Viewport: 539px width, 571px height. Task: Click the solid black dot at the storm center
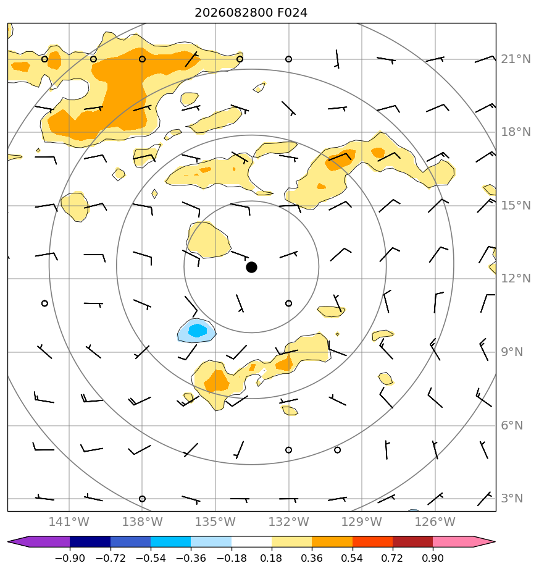(251, 268)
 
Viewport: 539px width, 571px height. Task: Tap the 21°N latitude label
(516, 59)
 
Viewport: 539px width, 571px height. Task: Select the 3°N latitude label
(512, 498)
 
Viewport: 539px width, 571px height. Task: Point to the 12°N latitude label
(516, 279)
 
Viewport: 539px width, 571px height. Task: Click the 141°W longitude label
(69, 522)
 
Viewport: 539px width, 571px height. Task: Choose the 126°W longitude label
(435, 522)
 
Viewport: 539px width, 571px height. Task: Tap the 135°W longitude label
(215, 522)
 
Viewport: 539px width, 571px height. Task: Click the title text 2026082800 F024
(251, 13)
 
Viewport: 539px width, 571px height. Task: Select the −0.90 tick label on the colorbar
(70, 558)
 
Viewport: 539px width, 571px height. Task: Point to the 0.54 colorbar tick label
(353, 558)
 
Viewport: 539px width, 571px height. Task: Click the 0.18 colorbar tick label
(272, 558)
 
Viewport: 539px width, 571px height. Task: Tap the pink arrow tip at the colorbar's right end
(494, 542)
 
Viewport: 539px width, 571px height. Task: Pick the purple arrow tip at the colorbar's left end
(9, 542)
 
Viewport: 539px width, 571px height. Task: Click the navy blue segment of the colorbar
(90, 542)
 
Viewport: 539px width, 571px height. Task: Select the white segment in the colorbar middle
(251, 542)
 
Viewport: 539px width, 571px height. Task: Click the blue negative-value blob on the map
(197, 331)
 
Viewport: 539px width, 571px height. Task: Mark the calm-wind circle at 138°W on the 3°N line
(142, 499)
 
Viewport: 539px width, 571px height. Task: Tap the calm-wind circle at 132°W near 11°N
(288, 303)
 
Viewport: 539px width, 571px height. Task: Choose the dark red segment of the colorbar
(412, 542)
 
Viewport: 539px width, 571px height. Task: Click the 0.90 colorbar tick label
(433, 558)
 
